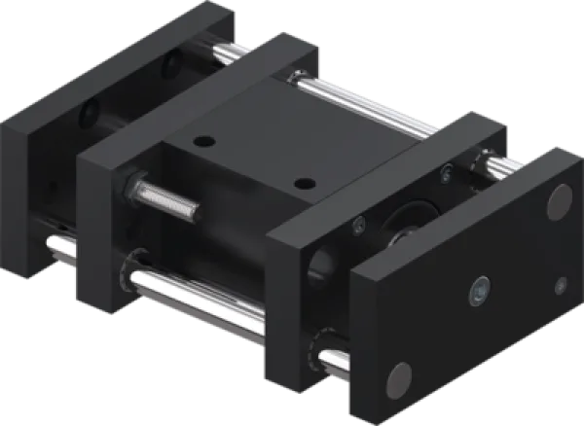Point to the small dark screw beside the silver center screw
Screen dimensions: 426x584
[x=560, y=285]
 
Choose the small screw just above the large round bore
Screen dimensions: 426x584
[x=359, y=229]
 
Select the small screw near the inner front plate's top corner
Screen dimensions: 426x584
[x=447, y=173]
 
